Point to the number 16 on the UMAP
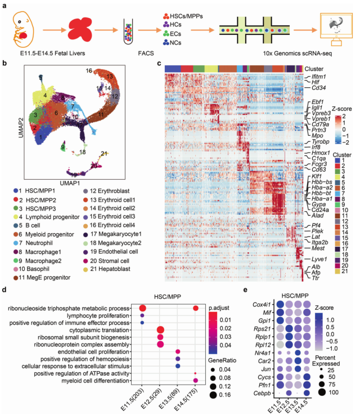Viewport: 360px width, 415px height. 89,70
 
